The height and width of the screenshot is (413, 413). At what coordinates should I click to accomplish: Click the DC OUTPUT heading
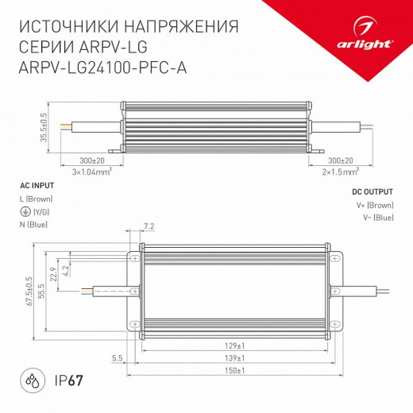(x=372, y=192)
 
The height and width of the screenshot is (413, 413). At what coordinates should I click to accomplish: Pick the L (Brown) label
(x=33, y=198)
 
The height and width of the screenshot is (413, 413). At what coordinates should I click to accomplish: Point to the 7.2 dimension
(x=149, y=226)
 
